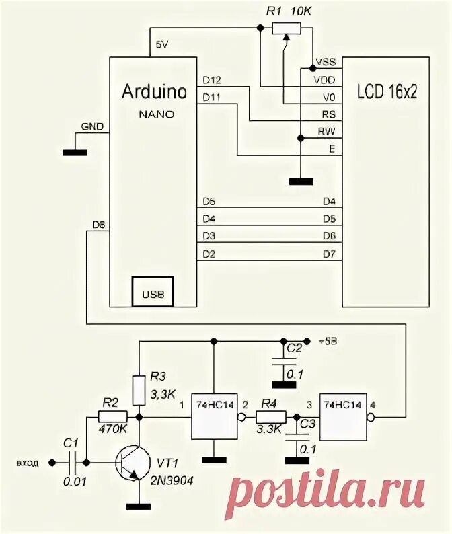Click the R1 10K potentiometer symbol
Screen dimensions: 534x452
287,28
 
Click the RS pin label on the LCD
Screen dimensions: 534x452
328,114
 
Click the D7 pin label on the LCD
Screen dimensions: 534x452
328,253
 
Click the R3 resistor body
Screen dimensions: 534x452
139,389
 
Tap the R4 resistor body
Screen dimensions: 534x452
268,418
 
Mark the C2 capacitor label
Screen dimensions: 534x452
293,348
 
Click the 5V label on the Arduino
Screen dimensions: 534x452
162,44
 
